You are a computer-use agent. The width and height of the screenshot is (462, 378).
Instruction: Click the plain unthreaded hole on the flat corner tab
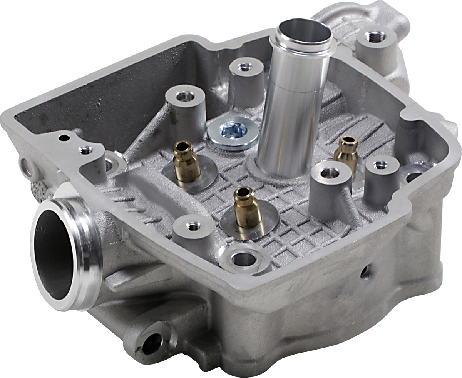[64, 137]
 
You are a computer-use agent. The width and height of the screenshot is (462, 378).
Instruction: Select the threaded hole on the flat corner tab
[85, 150]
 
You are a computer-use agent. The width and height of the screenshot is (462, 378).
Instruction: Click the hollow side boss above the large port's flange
[29, 168]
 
